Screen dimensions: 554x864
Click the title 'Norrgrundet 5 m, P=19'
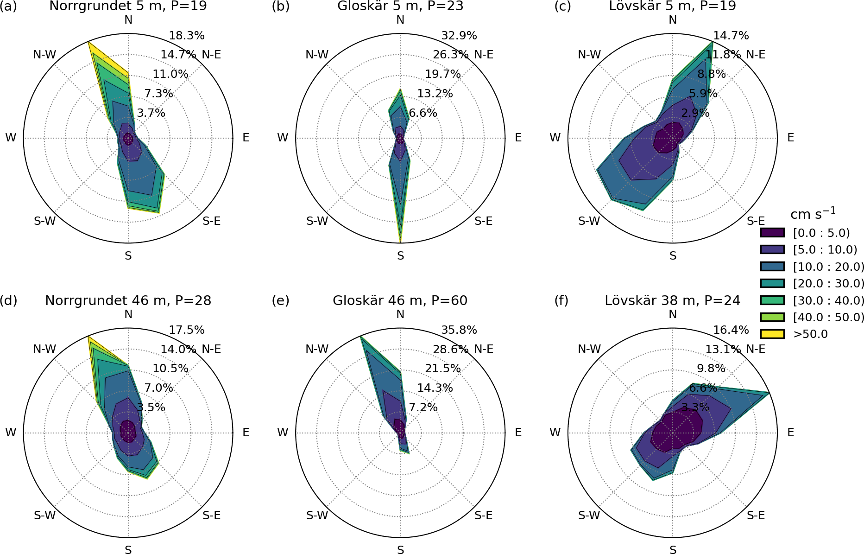(128, 6)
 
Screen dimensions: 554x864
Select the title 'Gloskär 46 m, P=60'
(400, 301)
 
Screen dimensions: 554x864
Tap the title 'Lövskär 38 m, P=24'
(672, 301)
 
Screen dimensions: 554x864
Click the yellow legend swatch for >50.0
(772, 334)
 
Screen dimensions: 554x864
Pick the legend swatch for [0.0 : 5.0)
(772, 233)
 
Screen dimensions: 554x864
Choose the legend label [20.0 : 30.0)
(828, 283)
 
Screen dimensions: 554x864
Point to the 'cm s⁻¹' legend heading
(813, 214)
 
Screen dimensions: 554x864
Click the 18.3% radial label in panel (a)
(187, 36)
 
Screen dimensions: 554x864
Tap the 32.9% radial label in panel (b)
(459, 36)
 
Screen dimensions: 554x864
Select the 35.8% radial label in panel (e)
(459, 330)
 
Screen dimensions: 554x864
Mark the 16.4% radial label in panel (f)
(731, 330)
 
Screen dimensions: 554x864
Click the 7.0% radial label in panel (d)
(158, 388)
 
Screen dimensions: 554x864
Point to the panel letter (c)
(562, 6)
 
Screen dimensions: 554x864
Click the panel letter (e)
(280, 301)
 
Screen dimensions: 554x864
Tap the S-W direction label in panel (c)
(589, 221)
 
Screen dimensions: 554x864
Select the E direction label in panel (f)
(790, 433)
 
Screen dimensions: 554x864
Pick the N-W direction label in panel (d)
(44, 349)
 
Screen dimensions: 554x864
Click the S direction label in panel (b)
(400, 256)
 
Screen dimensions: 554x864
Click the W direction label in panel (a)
(10, 138)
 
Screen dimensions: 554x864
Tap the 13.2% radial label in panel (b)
(435, 94)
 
